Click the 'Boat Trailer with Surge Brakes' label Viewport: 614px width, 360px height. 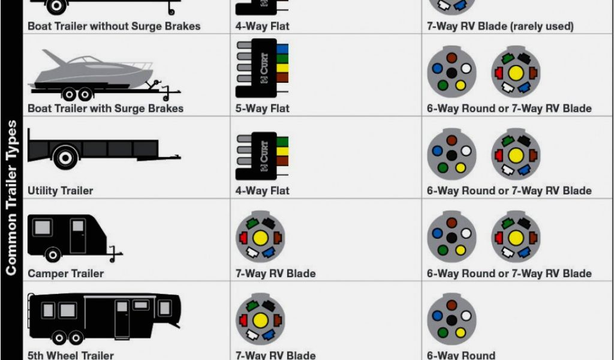[x=106, y=109]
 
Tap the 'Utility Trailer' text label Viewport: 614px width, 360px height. [x=61, y=191]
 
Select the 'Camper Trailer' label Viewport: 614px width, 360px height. [x=66, y=274]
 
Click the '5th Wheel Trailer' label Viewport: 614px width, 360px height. [x=71, y=355]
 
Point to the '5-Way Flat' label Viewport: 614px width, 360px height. [x=263, y=109]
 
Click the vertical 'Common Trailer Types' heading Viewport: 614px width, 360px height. [x=11, y=197]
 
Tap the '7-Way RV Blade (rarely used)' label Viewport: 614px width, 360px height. [x=500, y=26]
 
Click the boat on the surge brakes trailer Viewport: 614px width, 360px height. [x=84, y=69]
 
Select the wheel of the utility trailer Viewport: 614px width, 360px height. [x=64, y=157]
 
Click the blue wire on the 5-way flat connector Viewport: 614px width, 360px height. [x=282, y=49]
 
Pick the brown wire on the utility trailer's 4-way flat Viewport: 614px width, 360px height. [x=282, y=161]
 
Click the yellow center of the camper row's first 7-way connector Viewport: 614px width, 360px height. [x=260, y=238]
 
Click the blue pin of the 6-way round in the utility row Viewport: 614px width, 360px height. [x=437, y=151]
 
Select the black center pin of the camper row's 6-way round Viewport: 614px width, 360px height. [x=452, y=238]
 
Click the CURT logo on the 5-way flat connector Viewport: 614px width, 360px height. [x=264, y=67]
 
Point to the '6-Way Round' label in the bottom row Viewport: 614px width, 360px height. [x=461, y=355]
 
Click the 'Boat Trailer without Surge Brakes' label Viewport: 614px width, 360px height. [x=114, y=26]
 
